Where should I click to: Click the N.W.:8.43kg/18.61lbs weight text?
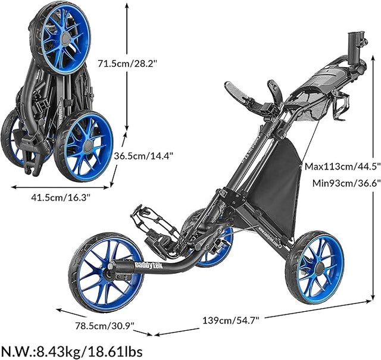[72, 350]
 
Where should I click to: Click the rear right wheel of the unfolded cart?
[315, 267]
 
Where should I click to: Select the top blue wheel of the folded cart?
[63, 37]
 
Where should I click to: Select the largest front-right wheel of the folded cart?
[84, 146]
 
